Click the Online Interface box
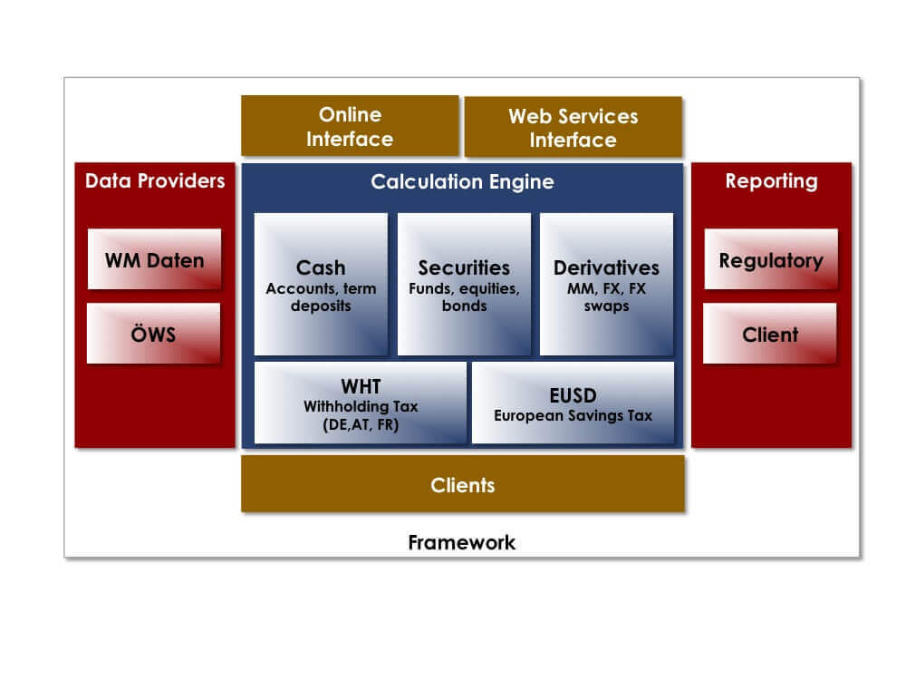tap(350, 126)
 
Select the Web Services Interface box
tap(573, 127)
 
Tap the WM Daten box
tap(154, 259)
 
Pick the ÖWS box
tap(153, 334)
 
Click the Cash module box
tap(321, 284)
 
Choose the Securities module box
tap(464, 284)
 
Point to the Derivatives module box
tap(606, 284)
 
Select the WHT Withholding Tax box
tap(361, 403)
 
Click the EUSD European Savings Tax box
tap(573, 403)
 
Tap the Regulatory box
tap(771, 259)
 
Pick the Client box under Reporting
tap(769, 334)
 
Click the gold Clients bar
tap(463, 484)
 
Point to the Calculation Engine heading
tap(462, 182)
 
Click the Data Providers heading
tap(155, 181)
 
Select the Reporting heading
tap(771, 181)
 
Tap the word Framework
tap(462, 542)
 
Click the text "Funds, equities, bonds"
tap(464, 296)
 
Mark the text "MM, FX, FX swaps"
tap(606, 296)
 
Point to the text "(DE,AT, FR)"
tap(361, 425)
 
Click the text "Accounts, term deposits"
tap(321, 296)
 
